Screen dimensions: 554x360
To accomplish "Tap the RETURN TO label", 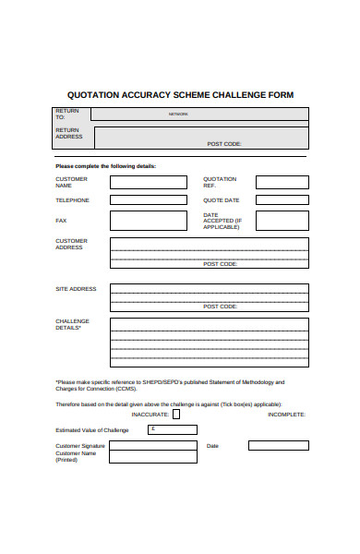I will click(66, 114).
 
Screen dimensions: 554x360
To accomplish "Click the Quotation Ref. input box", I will click(282, 182).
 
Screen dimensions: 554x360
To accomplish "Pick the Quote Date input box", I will click(282, 199).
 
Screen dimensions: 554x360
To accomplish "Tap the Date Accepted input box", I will click(282, 221).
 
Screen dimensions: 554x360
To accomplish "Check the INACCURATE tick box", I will click(176, 415).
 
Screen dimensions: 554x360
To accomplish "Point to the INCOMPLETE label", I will click(285, 415).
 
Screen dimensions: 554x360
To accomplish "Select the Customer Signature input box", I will click(152, 446).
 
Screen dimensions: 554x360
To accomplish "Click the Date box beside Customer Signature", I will click(278, 446).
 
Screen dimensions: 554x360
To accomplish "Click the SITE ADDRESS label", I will click(76, 289).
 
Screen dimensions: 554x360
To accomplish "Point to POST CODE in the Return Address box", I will click(224, 144).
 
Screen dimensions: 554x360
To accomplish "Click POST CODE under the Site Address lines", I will click(221, 306).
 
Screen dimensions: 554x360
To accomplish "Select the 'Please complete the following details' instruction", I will click(106, 166).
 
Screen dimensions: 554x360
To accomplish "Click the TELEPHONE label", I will click(73, 199).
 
